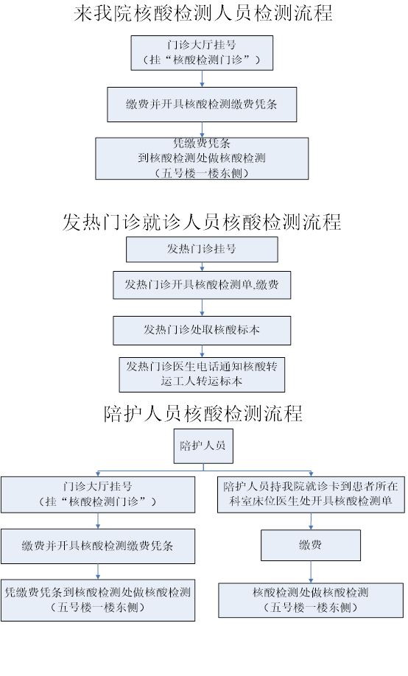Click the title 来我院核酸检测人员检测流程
point(203,13)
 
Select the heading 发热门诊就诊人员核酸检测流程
point(202,222)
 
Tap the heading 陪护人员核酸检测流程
point(203,413)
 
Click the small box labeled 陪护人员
point(203,446)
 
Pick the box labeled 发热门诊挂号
point(202,249)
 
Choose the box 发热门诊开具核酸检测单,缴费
point(202,285)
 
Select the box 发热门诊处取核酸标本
point(202,330)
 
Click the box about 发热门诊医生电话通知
point(202,374)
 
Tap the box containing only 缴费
point(311,545)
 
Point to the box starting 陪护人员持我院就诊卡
point(311,494)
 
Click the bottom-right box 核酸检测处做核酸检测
point(311,600)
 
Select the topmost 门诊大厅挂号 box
point(202,52)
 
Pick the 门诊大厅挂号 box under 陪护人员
point(98,495)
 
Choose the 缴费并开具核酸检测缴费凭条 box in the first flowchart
point(202,105)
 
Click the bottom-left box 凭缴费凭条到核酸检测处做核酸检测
point(98,600)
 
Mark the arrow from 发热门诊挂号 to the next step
point(202,267)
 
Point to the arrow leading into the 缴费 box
point(311,521)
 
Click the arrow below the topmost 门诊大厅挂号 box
point(202,79)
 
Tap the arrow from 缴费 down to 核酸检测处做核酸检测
point(311,572)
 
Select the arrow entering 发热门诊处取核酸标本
point(202,307)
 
